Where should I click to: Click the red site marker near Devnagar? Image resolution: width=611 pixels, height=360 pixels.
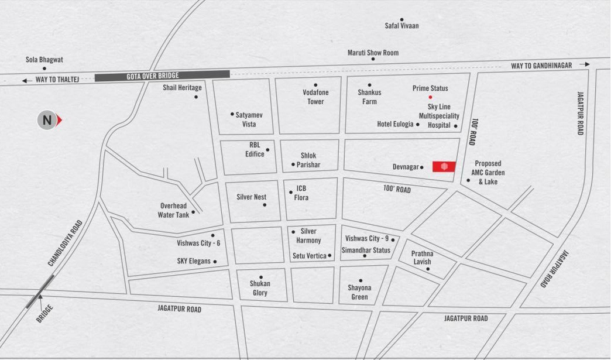tap(444, 167)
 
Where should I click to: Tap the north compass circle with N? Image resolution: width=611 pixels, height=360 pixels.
tap(47, 121)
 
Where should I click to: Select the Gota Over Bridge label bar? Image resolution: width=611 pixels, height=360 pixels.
tap(162, 76)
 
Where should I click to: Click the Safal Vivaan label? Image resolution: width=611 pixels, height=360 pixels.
tap(401, 26)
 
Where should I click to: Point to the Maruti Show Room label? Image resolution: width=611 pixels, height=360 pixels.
tap(373, 53)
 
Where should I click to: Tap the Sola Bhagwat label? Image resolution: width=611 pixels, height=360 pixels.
tap(44, 60)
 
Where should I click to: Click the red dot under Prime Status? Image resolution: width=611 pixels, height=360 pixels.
tap(430, 97)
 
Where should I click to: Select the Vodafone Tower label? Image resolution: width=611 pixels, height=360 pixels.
tap(315, 97)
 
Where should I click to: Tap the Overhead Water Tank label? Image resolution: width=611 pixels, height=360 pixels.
tap(173, 210)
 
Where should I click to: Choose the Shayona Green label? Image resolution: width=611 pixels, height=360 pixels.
tap(359, 292)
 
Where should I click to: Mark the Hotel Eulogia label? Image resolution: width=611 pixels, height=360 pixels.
tap(395, 124)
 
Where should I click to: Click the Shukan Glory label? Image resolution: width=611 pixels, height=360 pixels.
tap(260, 288)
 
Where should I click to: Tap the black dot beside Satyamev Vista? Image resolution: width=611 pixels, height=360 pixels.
tap(232, 114)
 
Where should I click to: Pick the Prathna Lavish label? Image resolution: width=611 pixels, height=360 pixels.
tap(421, 258)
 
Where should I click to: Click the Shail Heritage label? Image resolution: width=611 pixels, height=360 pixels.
tap(182, 88)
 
